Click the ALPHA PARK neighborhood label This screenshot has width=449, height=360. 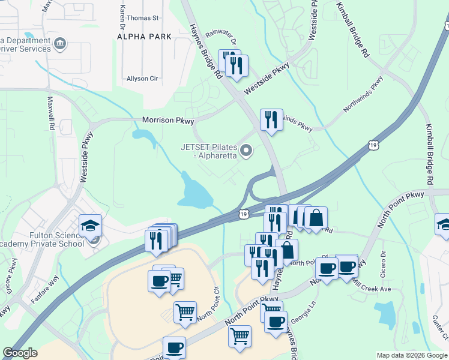144,37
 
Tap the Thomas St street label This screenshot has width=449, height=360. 143,19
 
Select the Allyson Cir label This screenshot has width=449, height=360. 142,79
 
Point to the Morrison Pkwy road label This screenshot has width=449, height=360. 168,121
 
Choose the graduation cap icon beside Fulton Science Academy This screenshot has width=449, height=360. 91,226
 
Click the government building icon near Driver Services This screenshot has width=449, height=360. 59,43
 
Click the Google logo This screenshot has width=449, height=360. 20,353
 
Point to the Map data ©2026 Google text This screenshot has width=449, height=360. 412,355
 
